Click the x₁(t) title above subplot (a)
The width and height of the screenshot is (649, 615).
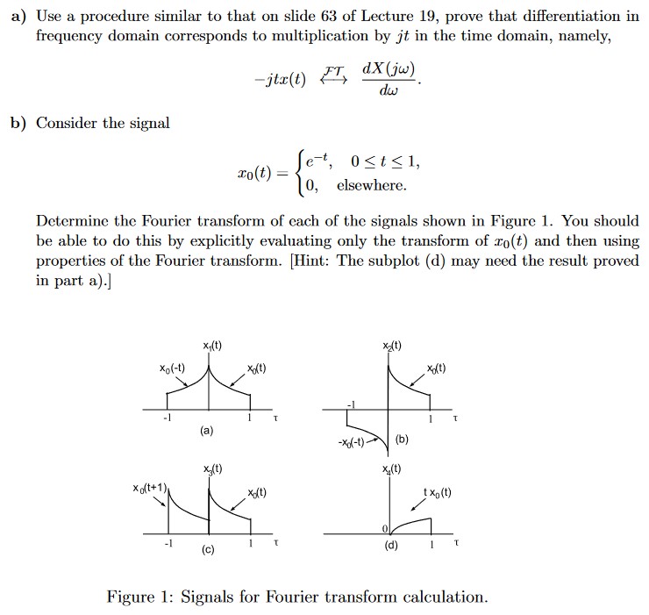pyautogui.click(x=210, y=347)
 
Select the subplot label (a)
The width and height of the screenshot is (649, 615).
pyautogui.click(x=204, y=431)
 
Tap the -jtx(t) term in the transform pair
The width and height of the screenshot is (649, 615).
pyautogui.click(x=278, y=78)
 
